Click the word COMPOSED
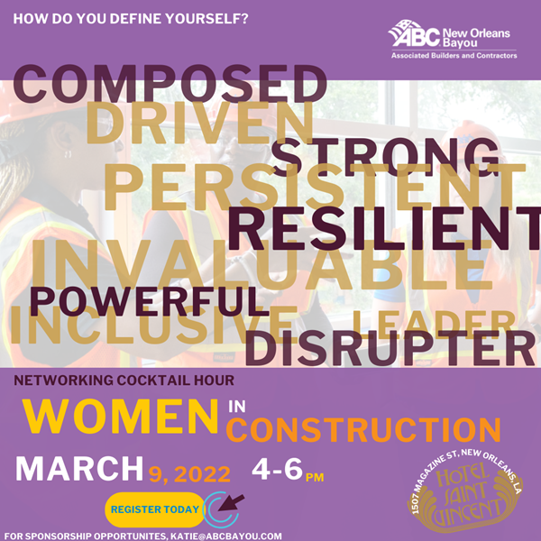tap(170, 83)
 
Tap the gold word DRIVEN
tap(199, 123)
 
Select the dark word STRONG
tap(385, 157)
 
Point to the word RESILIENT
tap(385, 229)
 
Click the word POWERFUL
tap(149, 301)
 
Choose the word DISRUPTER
tap(390, 348)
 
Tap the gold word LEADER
tap(433, 325)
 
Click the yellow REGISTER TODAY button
tap(155, 509)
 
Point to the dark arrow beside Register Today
tap(231, 503)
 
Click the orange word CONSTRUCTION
tap(363, 429)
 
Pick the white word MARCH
tap(79, 469)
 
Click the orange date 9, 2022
tap(189, 474)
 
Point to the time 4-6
tap(277, 469)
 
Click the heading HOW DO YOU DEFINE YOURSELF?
tap(131, 19)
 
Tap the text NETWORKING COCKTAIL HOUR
tap(124, 381)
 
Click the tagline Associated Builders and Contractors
tap(454, 56)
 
